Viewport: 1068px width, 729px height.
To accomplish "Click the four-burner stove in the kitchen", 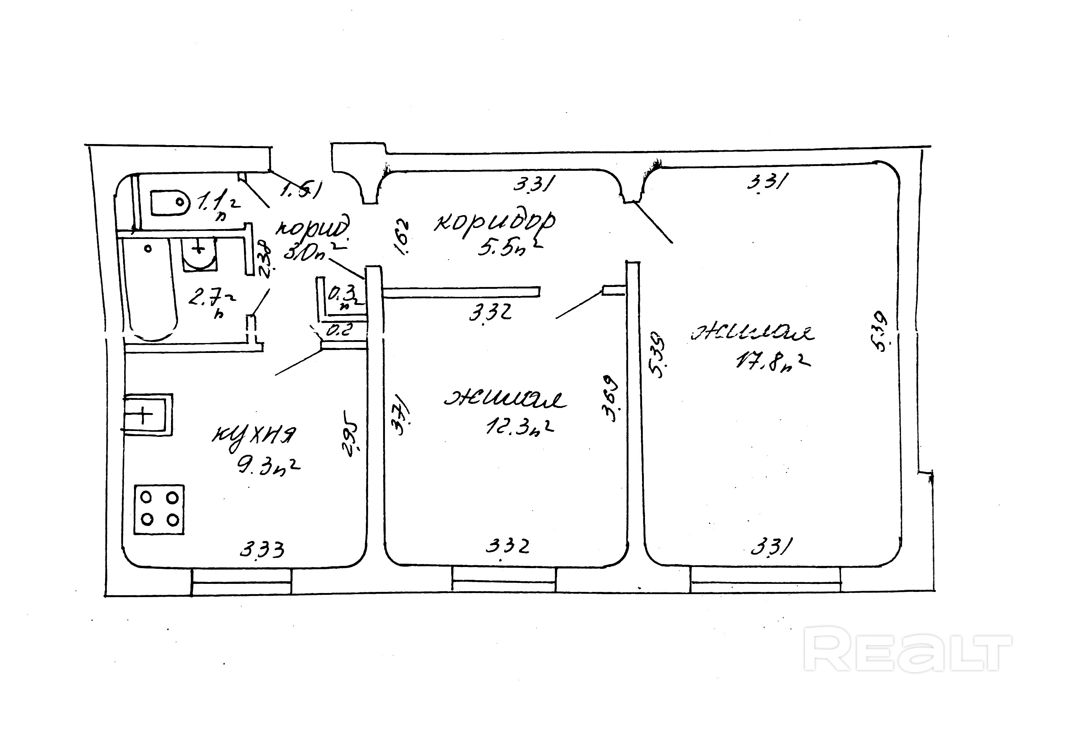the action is tap(159, 509).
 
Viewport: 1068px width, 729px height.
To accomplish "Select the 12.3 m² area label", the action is tap(519, 427).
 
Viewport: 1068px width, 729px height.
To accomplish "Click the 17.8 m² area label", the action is tap(772, 361).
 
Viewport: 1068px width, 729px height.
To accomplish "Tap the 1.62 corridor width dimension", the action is tap(402, 237).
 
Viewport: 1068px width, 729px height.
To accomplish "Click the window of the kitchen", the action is tap(241, 582).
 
